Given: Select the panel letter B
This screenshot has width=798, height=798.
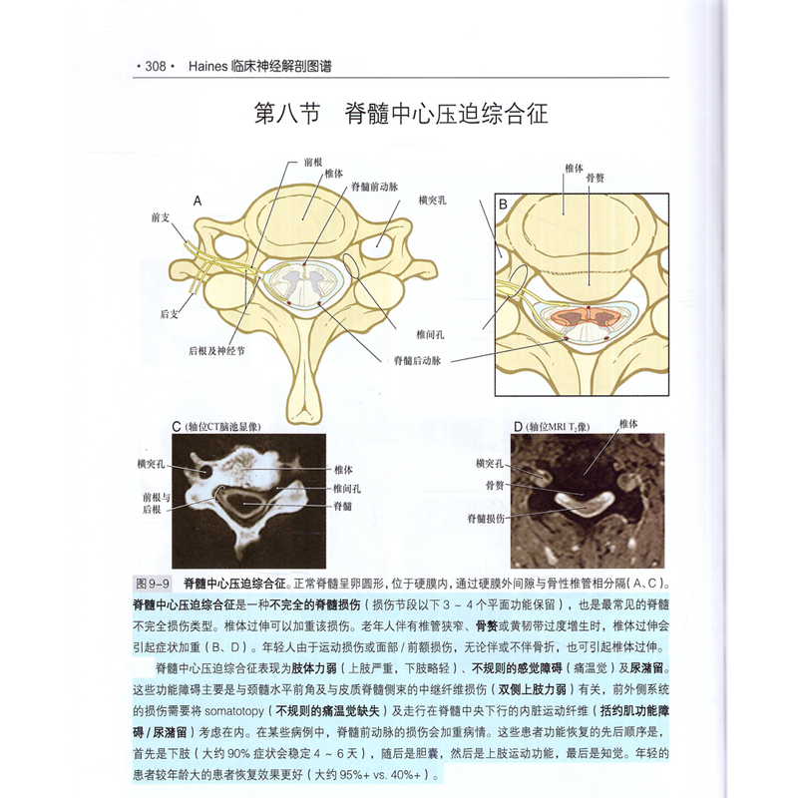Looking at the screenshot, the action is [504, 204].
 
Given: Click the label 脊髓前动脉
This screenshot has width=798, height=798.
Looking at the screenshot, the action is [373, 187].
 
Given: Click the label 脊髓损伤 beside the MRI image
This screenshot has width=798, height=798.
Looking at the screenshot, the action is [486, 519].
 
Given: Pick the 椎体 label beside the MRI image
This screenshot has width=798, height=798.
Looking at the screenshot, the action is [628, 424].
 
